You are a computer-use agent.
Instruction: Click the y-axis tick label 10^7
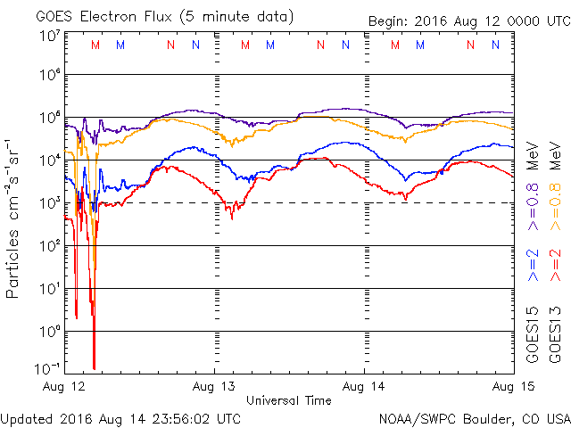pos(50,36)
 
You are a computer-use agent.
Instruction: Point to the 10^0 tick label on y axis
pos(50,332)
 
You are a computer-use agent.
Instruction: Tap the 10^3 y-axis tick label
pos(50,203)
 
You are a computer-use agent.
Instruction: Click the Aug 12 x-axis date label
pos(64,386)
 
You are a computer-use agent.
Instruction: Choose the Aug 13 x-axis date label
pos(214,386)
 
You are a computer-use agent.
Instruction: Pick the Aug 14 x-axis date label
pos(364,386)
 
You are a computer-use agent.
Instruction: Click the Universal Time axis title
pos(289,400)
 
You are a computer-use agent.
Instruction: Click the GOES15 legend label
pos(533,334)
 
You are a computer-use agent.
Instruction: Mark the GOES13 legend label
pos(555,334)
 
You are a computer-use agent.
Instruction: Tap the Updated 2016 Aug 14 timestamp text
pos(120,417)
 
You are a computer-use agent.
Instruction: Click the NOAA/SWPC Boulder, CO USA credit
pos(474,417)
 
